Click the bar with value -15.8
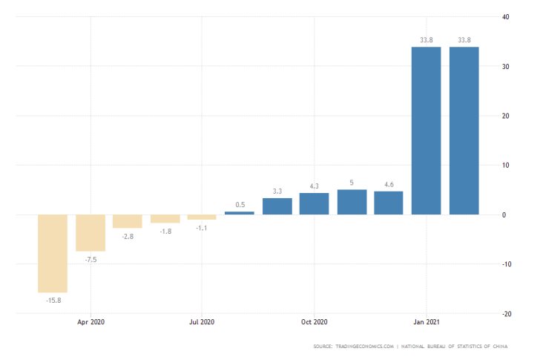53,253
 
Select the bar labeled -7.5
90,233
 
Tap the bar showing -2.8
128,221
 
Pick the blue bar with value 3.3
277,206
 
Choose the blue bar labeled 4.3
315,204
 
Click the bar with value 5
352,202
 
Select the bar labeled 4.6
389,203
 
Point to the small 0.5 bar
240,213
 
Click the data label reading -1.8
165,231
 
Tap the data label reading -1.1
202,227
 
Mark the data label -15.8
53,300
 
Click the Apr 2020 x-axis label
90,323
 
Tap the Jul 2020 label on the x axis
202,323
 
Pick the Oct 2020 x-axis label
314,323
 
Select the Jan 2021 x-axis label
426,323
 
